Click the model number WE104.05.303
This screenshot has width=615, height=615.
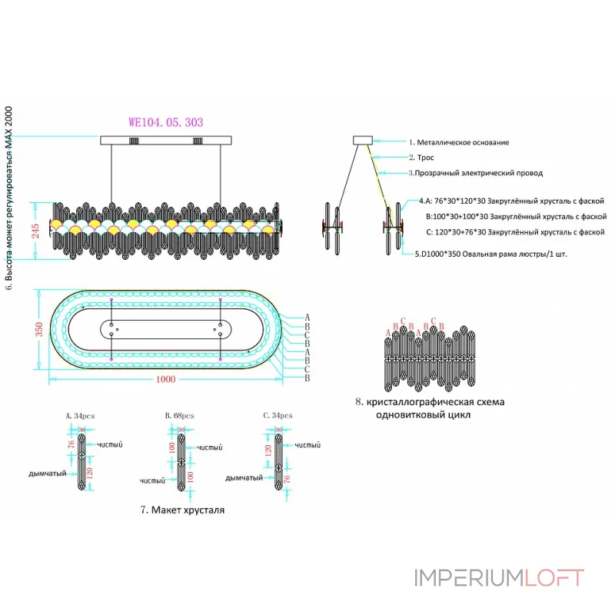coord(165,122)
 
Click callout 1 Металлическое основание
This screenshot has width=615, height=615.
coord(458,142)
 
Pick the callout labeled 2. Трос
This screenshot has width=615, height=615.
coord(421,158)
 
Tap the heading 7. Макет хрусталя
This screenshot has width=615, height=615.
coord(183,510)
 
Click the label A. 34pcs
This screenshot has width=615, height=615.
coord(79,415)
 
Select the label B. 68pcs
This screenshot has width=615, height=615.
coord(179,415)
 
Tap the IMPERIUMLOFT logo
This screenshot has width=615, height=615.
coord(499,577)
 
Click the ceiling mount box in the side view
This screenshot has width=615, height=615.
coord(362,141)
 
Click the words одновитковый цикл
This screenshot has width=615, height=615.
coord(424,414)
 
